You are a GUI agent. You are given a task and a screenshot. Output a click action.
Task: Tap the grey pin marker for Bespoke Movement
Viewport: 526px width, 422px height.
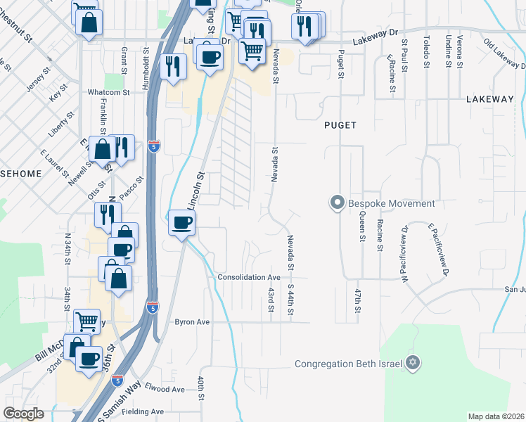[x=337, y=204]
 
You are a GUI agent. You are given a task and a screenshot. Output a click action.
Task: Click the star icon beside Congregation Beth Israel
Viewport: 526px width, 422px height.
[x=413, y=363]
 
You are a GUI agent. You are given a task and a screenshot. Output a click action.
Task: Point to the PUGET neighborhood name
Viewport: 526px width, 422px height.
[x=340, y=125]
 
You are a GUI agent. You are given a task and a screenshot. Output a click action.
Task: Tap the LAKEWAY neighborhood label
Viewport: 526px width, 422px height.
[x=489, y=100]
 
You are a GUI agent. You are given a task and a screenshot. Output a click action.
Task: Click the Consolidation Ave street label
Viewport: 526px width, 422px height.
[x=249, y=278]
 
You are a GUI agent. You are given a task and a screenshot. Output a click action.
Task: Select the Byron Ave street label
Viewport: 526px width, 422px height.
[x=193, y=322]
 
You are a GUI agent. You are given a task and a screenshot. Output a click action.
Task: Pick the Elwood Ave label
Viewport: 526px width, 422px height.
[x=163, y=389]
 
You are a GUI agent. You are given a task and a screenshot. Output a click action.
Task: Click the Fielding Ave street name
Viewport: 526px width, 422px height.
[x=142, y=411]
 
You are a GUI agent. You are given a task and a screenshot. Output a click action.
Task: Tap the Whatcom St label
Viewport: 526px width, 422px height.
[x=108, y=92]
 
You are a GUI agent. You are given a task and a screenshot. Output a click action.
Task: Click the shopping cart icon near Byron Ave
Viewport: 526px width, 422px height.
[x=86, y=321]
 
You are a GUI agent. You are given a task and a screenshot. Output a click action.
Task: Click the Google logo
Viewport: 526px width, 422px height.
[x=23, y=414]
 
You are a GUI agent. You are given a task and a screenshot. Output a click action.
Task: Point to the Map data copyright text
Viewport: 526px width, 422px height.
[x=495, y=416]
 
